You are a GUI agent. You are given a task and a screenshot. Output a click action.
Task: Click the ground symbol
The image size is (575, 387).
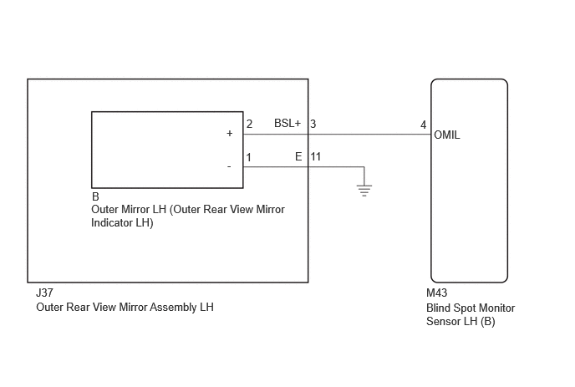pyautogui.click(x=364, y=191)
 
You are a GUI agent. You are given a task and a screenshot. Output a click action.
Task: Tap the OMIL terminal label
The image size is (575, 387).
pyautogui.click(x=446, y=135)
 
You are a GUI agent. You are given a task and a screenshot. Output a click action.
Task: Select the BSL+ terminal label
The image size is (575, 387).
pyautogui.click(x=287, y=123)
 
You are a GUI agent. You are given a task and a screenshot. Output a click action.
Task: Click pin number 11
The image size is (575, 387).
pyautogui.click(x=316, y=156)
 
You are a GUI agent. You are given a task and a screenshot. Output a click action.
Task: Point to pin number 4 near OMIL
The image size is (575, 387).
pyautogui.click(x=423, y=125)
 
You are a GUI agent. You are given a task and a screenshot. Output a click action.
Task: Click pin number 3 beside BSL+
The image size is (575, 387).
pyautogui.click(x=313, y=124)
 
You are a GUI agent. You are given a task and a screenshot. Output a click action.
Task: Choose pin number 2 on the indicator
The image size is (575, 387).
pyautogui.click(x=249, y=124)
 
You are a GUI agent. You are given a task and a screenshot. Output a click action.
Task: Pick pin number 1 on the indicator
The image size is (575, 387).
pyautogui.click(x=248, y=157)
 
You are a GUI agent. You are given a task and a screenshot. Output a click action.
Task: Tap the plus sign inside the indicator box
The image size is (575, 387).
pyautogui.click(x=230, y=133)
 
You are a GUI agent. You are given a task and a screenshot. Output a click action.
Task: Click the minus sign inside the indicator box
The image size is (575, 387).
pyautogui.click(x=229, y=167)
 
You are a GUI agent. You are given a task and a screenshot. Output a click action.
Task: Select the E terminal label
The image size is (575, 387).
pyautogui.click(x=298, y=156)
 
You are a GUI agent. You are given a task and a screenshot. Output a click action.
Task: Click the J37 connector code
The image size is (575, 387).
pyautogui.click(x=44, y=293)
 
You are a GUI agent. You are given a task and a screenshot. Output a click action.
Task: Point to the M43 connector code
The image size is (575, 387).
pyautogui.click(x=437, y=293)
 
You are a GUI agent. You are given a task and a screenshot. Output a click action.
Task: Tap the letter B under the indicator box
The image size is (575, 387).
pyautogui.click(x=95, y=196)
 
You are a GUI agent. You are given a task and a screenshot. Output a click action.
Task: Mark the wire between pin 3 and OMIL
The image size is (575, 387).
pyautogui.click(x=369, y=135)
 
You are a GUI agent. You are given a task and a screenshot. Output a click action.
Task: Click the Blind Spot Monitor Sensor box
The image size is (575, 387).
pyautogui.click(x=470, y=181)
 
